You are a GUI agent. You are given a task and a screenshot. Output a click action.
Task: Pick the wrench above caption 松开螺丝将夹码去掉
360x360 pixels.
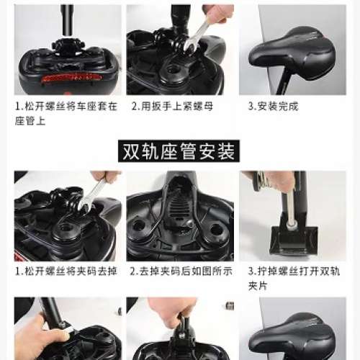coord(91,193)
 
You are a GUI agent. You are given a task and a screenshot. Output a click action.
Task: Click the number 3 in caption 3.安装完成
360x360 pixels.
coord(250,106)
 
